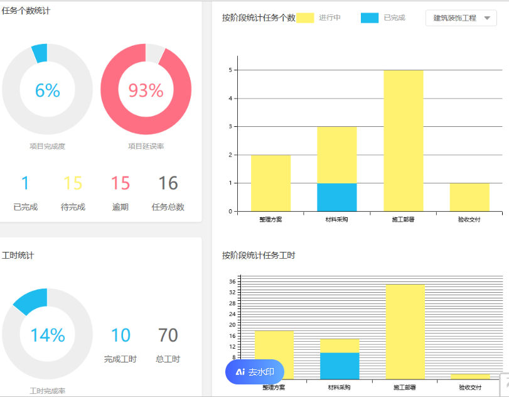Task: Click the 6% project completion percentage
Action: pos(47,90)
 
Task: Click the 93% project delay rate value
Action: pos(146,90)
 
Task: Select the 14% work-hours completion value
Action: pos(47,335)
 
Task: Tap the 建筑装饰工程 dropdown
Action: pos(461,18)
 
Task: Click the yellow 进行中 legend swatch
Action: pos(305,18)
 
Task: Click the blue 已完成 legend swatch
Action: pos(370,18)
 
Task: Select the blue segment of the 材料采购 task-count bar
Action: pos(337,197)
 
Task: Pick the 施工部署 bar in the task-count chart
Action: pos(403,141)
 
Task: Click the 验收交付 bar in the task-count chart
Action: pos(469,197)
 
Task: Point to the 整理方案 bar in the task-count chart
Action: pos(271,183)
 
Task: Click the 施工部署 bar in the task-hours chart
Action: pos(405,332)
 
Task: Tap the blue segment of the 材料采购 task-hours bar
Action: pos(340,366)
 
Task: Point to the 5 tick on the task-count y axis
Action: pos(232,70)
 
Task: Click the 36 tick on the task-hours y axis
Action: pos(232,281)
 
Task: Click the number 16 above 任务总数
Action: pos(168,183)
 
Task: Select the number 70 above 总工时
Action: pos(168,335)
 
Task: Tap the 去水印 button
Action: pos(255,372)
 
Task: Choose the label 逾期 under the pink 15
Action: pos(121,207)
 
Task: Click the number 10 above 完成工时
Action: pos(121,335)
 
